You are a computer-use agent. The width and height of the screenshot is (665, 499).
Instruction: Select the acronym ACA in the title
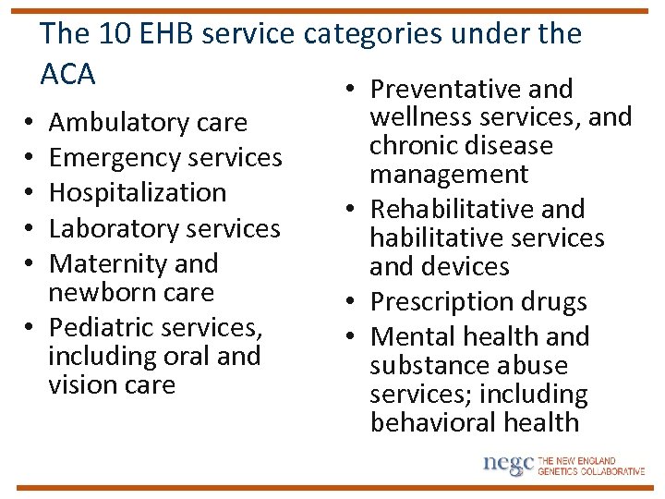67,74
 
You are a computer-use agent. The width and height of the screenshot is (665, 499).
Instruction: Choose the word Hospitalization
138,193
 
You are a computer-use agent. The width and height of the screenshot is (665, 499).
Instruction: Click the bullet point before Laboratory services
31,228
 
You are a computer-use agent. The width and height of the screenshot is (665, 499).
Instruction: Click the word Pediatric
103,327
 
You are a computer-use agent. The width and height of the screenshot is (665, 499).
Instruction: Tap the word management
449,175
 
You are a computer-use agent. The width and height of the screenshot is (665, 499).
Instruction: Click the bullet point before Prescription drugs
354,302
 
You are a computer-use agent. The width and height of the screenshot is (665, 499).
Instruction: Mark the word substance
429,366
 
